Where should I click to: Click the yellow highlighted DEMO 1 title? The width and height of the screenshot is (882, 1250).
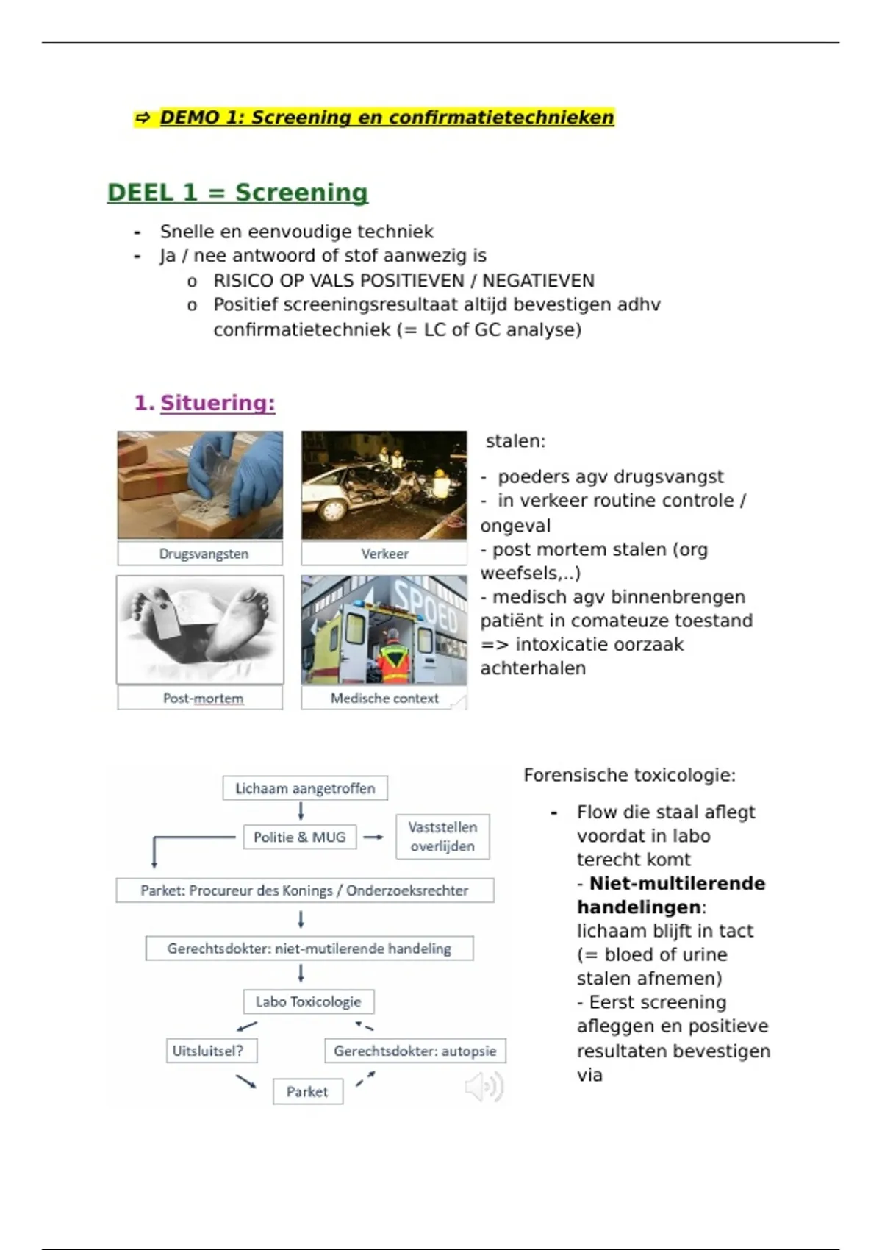tap(386, 118)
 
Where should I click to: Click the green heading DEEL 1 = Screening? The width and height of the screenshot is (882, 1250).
tap(237, 193)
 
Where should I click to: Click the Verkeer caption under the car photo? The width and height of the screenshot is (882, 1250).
tap(384, 554)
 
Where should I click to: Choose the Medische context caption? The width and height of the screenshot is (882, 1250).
tap(384, 698)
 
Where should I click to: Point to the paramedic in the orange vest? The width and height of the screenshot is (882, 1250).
tap(395, 658)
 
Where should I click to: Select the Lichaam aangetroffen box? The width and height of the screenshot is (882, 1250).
tap(305, 788)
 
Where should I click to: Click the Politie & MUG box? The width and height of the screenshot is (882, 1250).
tap(299, 837)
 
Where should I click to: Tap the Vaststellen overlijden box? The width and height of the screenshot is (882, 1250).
tap(442, 837)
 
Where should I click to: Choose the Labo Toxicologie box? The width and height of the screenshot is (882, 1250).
tap(308, 1001)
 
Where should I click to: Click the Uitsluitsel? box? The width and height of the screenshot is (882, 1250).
tap(211, 1051)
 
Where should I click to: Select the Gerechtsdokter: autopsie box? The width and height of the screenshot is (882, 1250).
tap(415, 1051)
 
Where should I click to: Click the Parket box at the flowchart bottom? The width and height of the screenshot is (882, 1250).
tap(307, 1091)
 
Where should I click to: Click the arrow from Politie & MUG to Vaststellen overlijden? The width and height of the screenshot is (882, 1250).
tap(373, 837)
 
